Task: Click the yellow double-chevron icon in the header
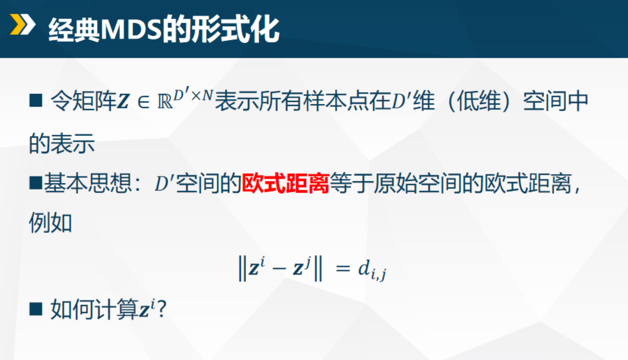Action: click(22, 25)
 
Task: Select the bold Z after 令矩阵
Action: click(123, 102)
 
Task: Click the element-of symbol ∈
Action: click(143, 102)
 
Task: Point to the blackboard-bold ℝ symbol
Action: click(165, 102)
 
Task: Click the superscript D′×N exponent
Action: click(193, 95)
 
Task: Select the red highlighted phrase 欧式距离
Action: click(285, 184)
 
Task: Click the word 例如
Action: click(50, 223)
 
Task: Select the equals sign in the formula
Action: click(342, 268)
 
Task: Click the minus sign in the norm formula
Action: click(279, 269)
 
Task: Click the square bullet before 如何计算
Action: click(36, 309)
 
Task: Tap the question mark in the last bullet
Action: click(162, 309)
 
